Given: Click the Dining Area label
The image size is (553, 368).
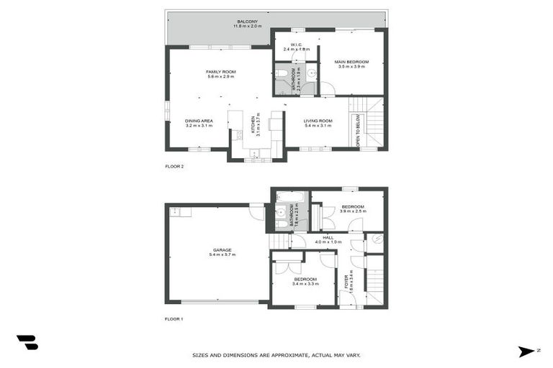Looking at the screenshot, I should (198, 123).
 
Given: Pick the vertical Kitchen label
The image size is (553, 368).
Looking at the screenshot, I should (253, 125).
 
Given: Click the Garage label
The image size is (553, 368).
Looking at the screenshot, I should (221, 252).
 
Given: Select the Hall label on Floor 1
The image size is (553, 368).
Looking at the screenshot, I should (328, 239).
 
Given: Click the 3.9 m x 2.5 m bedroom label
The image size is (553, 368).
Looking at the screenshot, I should (352, 208).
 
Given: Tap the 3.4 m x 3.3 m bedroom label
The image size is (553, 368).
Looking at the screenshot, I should (305, 281).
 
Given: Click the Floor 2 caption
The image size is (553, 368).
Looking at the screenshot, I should (175, 166).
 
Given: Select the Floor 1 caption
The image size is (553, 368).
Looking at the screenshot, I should (175, 318).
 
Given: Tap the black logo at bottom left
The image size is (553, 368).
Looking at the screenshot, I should (27, 343).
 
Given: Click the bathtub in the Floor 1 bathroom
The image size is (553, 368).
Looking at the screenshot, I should (290, 196).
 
